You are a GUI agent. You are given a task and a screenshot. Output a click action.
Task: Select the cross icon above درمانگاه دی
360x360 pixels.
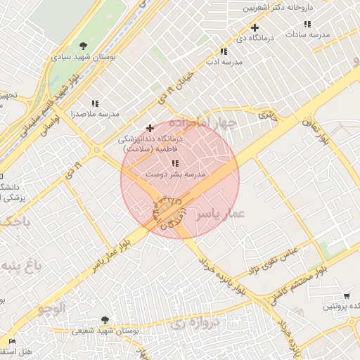tap(255, 28)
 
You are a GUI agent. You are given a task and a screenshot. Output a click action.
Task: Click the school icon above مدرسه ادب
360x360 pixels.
tap(224, 51)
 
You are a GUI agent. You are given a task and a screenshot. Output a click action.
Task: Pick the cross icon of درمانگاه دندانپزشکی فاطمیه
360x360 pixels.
tap(149, 128)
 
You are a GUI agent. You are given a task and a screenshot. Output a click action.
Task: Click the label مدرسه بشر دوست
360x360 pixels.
tap(175, 173)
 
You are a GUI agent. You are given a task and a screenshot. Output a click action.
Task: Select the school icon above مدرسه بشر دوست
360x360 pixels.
tap(175, 163)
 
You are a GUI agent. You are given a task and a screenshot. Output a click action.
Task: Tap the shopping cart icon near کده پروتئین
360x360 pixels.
tap(347, 296)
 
